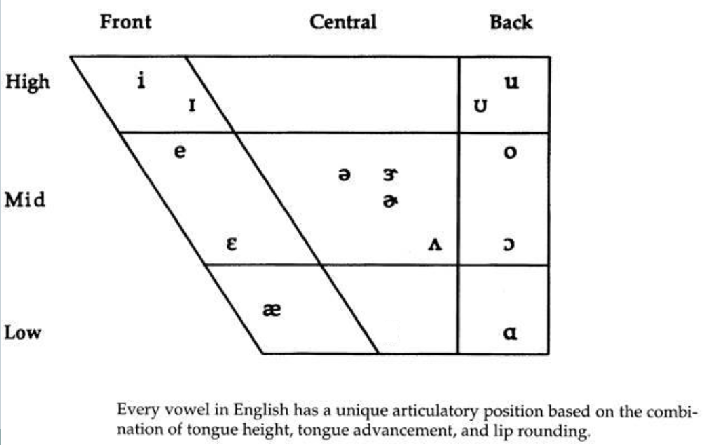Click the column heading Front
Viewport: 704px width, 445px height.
point(125,22)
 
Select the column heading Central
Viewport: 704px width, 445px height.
point(343,22)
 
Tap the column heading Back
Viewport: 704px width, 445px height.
point(511,22)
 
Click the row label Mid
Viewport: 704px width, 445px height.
point(25,199)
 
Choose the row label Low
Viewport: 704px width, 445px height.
point(23,332)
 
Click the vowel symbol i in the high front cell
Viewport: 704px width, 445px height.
point(141,80)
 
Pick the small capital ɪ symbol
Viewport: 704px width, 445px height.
point(192,106)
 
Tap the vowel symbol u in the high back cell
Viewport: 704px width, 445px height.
point(511,82)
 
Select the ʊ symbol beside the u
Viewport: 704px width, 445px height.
point(480,106)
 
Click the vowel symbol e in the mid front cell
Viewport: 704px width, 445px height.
point(180,151)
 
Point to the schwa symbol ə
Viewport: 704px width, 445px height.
point(345,174)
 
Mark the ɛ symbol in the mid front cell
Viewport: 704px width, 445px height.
point(231,244)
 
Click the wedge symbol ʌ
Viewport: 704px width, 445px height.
point(435,244)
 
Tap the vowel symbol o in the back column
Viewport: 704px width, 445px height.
point(510,153)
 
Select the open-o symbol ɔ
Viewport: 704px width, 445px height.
point(509,244)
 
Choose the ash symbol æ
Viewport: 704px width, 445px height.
point(272,309)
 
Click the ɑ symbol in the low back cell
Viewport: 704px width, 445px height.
point(510,333)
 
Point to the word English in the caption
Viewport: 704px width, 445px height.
point(261,410)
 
